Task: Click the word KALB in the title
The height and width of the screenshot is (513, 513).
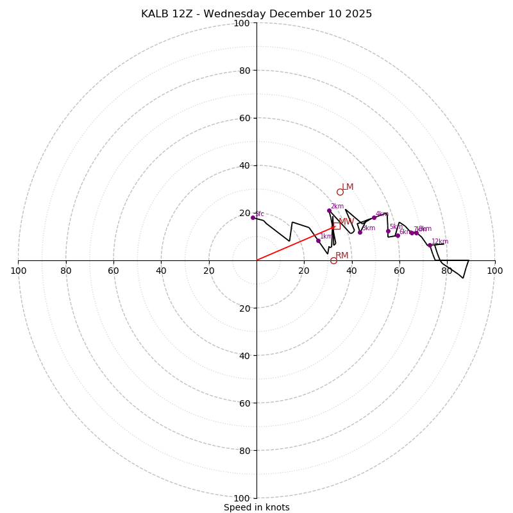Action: (x=155, y=14)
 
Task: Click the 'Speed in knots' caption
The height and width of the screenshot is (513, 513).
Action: (x=256, y=507)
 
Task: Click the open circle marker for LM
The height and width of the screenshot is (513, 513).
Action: (x=340, y=192)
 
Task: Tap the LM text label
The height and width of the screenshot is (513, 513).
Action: (x=348, y=187)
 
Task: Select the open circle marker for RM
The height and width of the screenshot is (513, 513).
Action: (x=333, y=260)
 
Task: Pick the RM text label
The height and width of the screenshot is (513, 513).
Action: (x=342, y=256)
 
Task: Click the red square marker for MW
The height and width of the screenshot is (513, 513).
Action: (x=337, y=226)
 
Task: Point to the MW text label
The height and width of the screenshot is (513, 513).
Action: (x=346, y=222)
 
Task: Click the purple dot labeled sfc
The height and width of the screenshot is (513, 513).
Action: (x=253, y=217)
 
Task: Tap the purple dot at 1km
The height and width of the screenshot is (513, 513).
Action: (x=318, y=240)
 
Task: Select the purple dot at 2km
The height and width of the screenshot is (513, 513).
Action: (x=329, y=210)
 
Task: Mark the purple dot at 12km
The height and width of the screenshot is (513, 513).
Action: (x=430, y=245)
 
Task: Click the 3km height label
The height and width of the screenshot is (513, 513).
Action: (x=368, y=228)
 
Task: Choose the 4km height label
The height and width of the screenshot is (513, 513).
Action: (x=382, y=214)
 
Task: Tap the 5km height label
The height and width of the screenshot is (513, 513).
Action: (x=396, y=227)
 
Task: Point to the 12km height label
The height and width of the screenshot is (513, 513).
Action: (x=440, y=242)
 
